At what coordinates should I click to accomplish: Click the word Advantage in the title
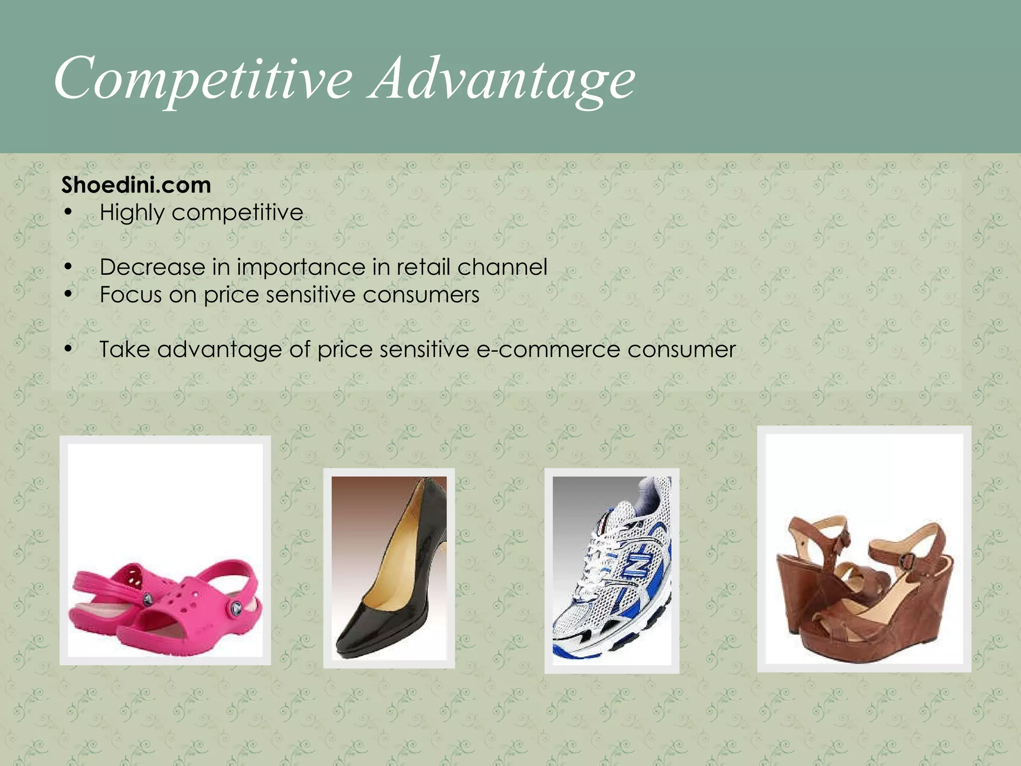click(x=502, y=80)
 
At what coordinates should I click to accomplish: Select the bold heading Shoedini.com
click(x=136, y=185)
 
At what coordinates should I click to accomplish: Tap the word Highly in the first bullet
click(x=132, y=213)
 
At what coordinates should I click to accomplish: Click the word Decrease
click(x=152, y=267)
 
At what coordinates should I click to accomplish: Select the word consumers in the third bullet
click(x=421, y=295)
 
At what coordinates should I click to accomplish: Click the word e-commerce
click(x=548, y=349)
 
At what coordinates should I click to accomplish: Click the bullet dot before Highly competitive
click(x=69, y=213)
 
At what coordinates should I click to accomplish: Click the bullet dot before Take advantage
click(x=69, y=349)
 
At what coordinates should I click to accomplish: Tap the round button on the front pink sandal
click(x=236, y=607)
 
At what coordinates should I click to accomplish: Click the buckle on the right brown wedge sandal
click(x=908, y=561)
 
